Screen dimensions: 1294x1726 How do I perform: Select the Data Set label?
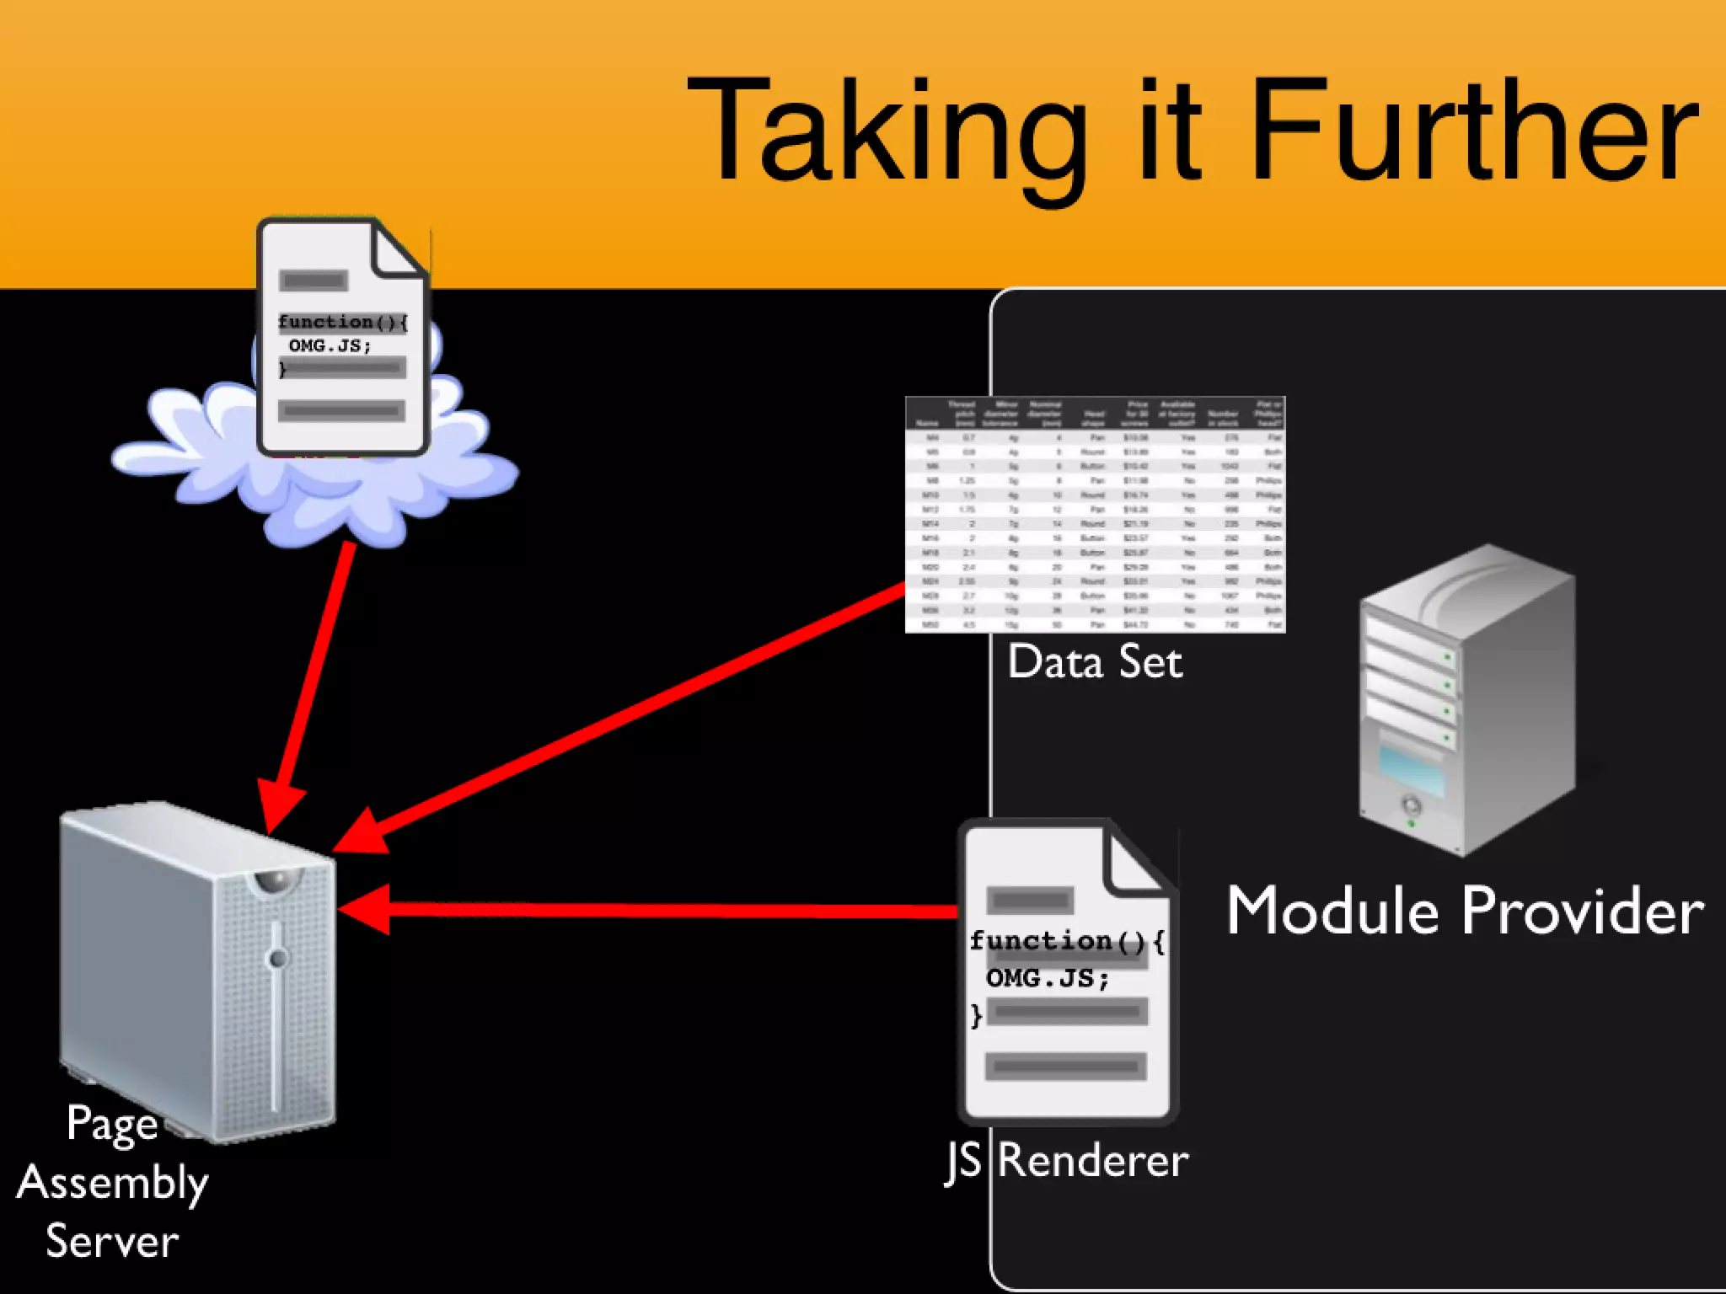1094,662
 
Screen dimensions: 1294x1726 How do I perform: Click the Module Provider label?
1465,912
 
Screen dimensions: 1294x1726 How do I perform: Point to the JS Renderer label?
1067,1161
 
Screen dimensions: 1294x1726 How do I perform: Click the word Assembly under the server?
112,1184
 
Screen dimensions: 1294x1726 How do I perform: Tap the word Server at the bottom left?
112,1241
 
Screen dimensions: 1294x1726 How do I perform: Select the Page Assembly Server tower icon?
198,969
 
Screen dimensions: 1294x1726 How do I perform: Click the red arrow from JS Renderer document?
657,910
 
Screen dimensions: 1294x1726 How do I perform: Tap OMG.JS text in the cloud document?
330,345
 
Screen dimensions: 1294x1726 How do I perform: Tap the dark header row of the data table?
1094,413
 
